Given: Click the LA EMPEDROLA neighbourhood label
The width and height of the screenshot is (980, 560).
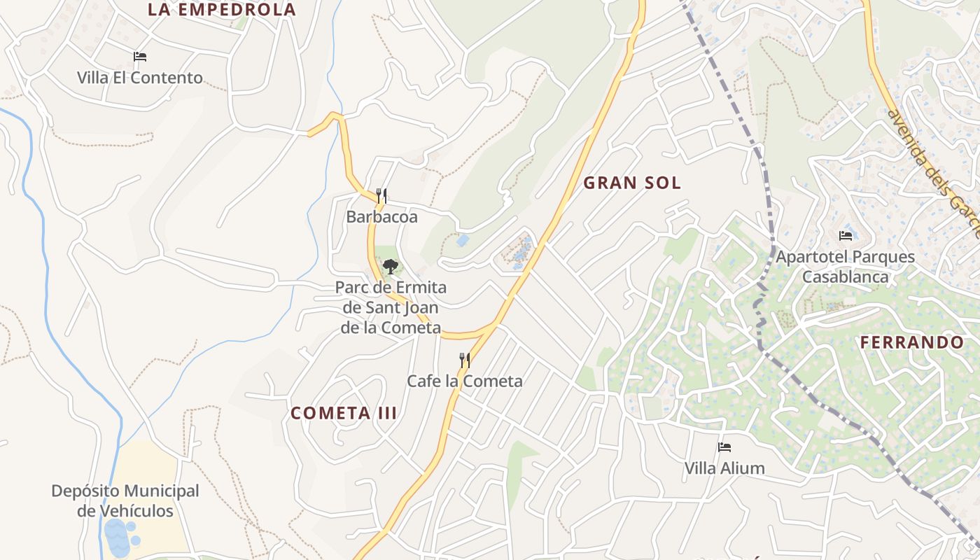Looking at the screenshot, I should [222, 10].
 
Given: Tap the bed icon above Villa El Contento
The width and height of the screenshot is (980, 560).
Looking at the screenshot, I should [140, 57].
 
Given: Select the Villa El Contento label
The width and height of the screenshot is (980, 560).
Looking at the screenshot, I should [140, 78].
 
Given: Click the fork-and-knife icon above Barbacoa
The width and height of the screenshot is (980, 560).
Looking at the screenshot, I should [381, 196].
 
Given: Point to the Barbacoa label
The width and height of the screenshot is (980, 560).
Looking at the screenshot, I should [381, 217].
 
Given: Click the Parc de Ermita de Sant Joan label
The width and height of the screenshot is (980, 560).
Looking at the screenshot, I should [391, 307].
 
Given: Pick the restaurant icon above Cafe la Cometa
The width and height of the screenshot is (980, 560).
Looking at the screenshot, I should [465, 360].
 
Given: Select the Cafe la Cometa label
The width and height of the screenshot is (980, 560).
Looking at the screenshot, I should [465, 381].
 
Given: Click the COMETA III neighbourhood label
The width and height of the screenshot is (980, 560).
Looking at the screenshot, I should [344, 413].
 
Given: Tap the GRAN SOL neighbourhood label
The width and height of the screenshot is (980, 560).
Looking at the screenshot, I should [632, 183].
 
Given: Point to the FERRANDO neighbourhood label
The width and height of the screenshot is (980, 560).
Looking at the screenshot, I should [912, 343].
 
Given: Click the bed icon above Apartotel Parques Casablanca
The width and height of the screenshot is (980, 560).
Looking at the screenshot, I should [846, 236].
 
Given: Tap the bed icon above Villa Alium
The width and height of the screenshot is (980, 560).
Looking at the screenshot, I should [724, 447].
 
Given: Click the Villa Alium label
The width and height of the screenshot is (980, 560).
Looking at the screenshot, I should [724, 468].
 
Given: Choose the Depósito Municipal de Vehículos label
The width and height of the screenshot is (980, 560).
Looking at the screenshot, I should [125, 501].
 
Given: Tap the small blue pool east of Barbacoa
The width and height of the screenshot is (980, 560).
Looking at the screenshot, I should [463, 240].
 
